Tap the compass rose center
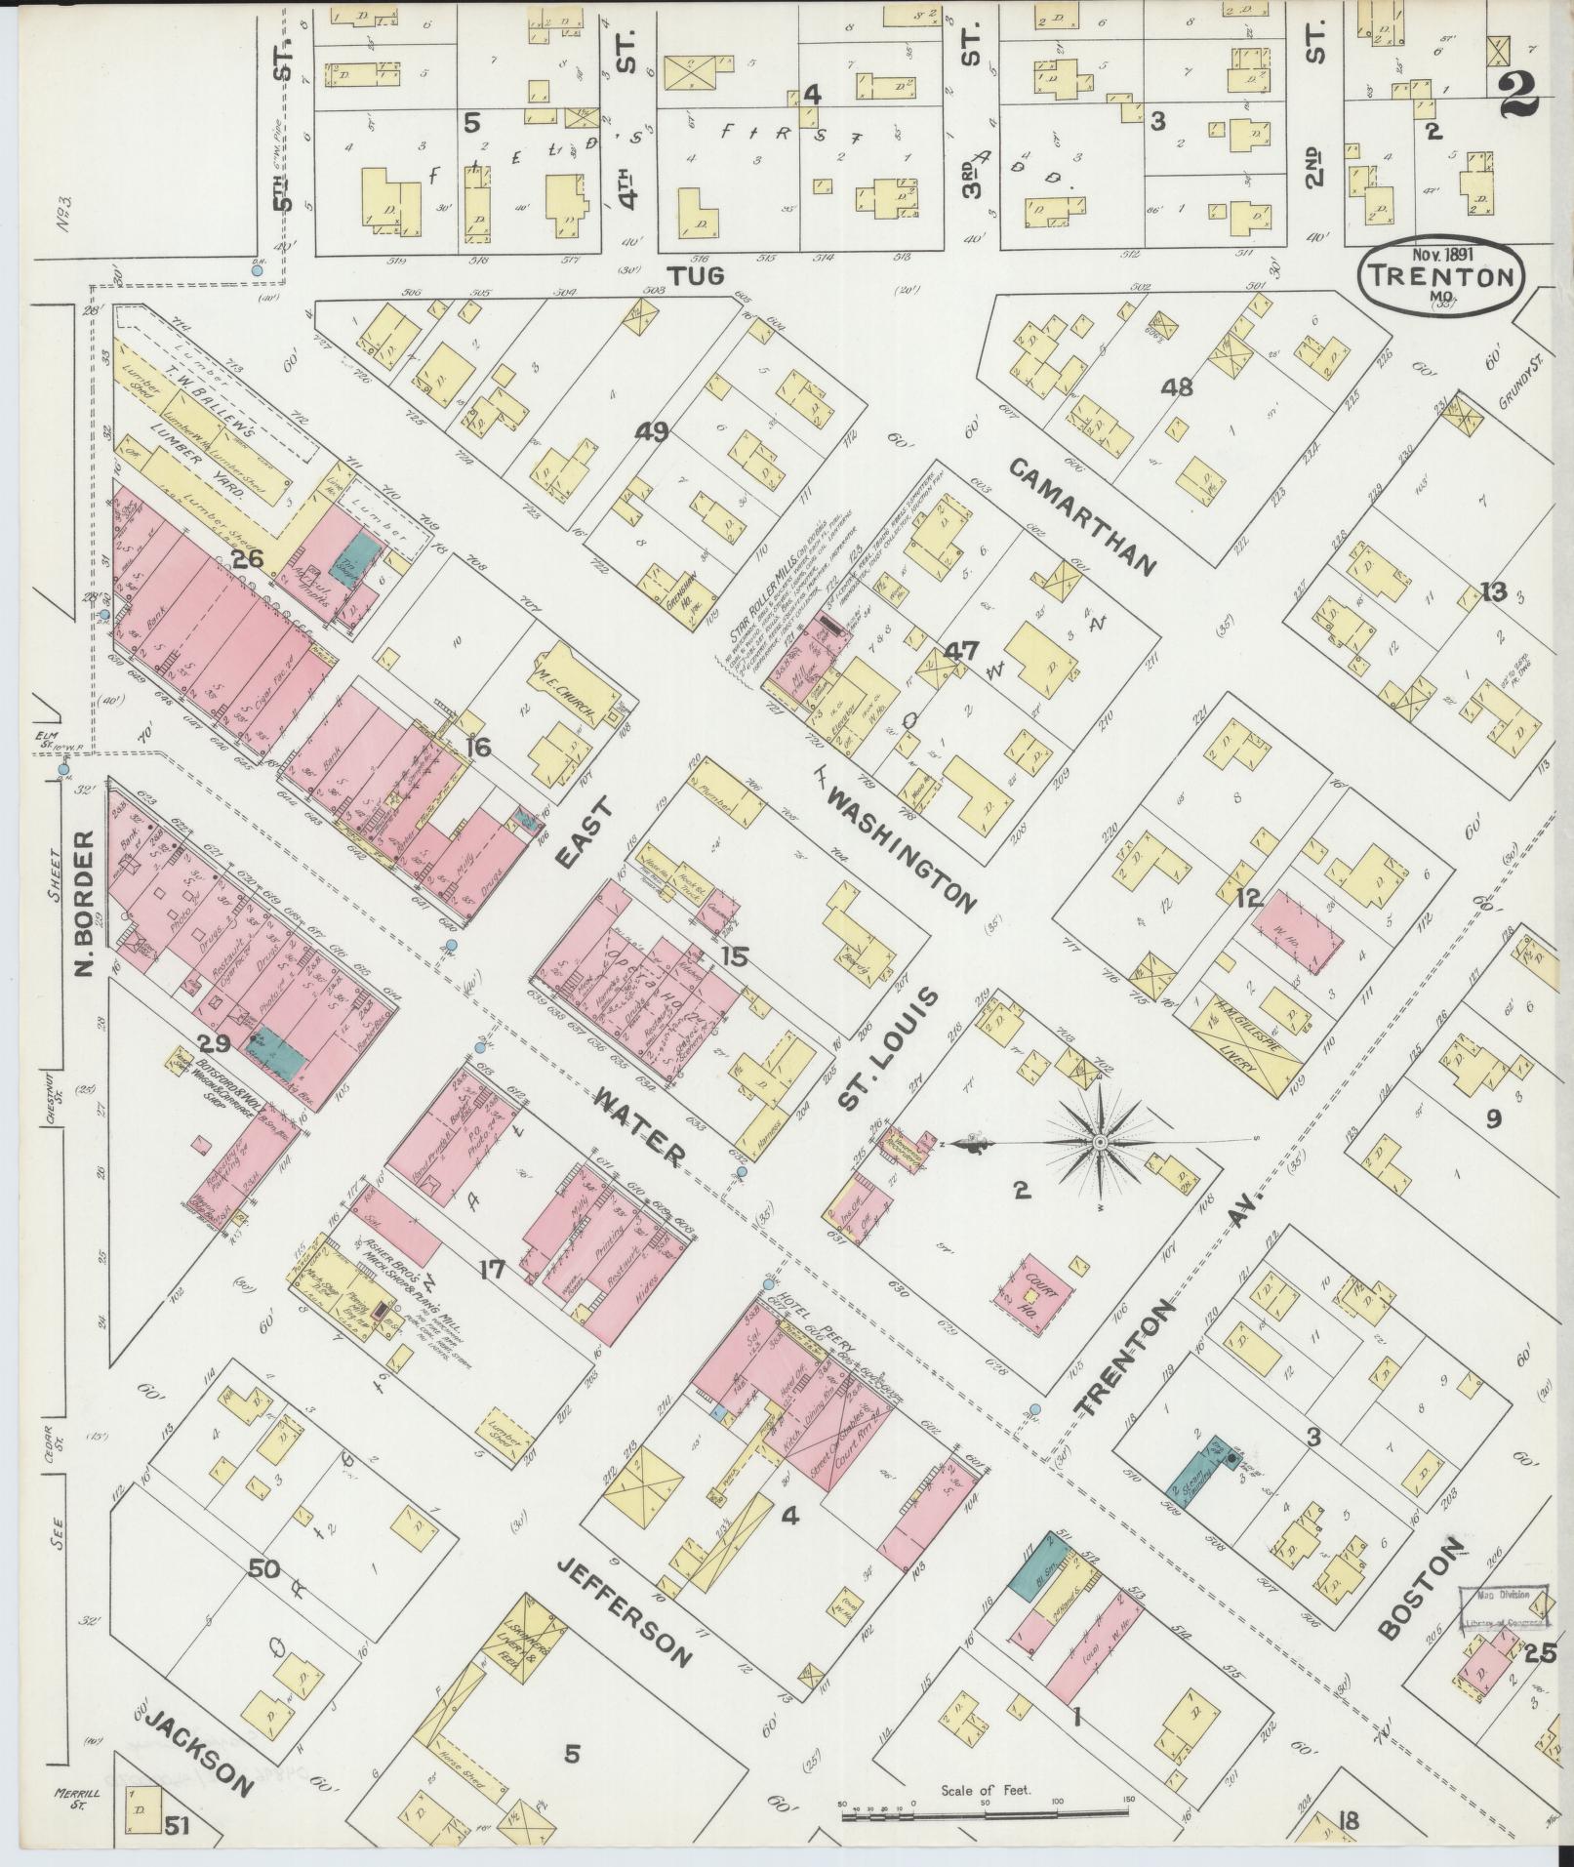point(1100,1142)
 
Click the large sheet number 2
point(1515,96)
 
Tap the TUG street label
point(696,276)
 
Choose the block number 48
point(1177,386)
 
